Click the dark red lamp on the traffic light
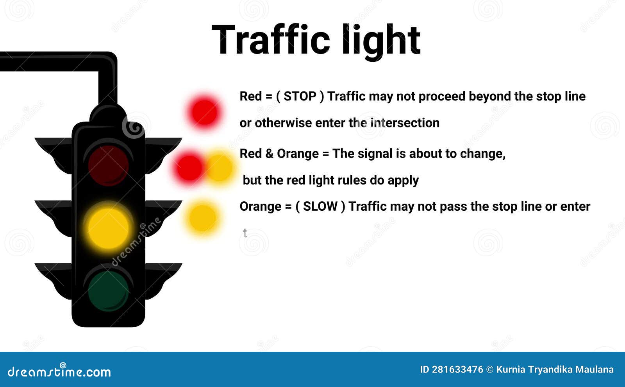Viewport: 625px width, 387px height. [108, 166]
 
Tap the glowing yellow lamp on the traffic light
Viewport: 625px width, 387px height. [108, 228]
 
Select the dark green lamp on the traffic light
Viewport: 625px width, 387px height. [108, 291]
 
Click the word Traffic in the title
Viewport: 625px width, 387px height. [271, 39]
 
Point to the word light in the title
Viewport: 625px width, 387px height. [381, 41]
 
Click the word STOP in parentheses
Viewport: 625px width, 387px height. [300, 96]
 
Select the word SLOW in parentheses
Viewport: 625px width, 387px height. [320, 207]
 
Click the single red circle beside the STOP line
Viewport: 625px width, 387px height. [204, 112]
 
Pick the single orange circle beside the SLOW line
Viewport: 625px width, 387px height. [203, 218]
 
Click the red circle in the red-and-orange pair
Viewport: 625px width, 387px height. [189, 168]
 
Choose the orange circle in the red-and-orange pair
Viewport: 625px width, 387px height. [220, 168]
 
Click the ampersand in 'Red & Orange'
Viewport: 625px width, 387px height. [270, 154]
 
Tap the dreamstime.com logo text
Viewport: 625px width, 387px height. [59, 371]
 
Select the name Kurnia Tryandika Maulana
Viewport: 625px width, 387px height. [555, 370]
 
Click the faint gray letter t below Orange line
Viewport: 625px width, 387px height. [245, 233]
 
